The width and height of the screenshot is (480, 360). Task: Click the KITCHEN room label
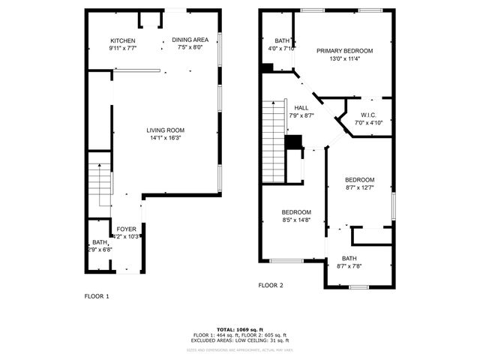(122, 40)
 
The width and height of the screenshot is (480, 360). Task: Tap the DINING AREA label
(190, 40)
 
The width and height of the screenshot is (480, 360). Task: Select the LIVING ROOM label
(165, 130)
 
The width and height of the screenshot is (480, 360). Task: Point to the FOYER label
(125, 229)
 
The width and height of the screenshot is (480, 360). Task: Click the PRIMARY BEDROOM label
(344, 51)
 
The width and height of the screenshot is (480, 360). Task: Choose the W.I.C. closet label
(368, 115)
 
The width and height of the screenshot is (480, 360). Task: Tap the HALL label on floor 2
(301, 108)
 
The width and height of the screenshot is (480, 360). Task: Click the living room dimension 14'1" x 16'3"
(165, 137)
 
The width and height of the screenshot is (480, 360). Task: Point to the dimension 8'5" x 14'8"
(295, 220)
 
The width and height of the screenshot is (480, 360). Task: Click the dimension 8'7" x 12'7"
(359, 187)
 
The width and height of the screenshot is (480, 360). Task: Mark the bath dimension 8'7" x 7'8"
(349, 265)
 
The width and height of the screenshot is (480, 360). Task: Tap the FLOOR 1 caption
(96, 296)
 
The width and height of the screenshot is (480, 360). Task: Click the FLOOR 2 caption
(271, 286)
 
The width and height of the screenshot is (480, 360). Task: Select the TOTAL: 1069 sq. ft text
(239, 329)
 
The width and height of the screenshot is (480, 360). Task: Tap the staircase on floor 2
(273, 142)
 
